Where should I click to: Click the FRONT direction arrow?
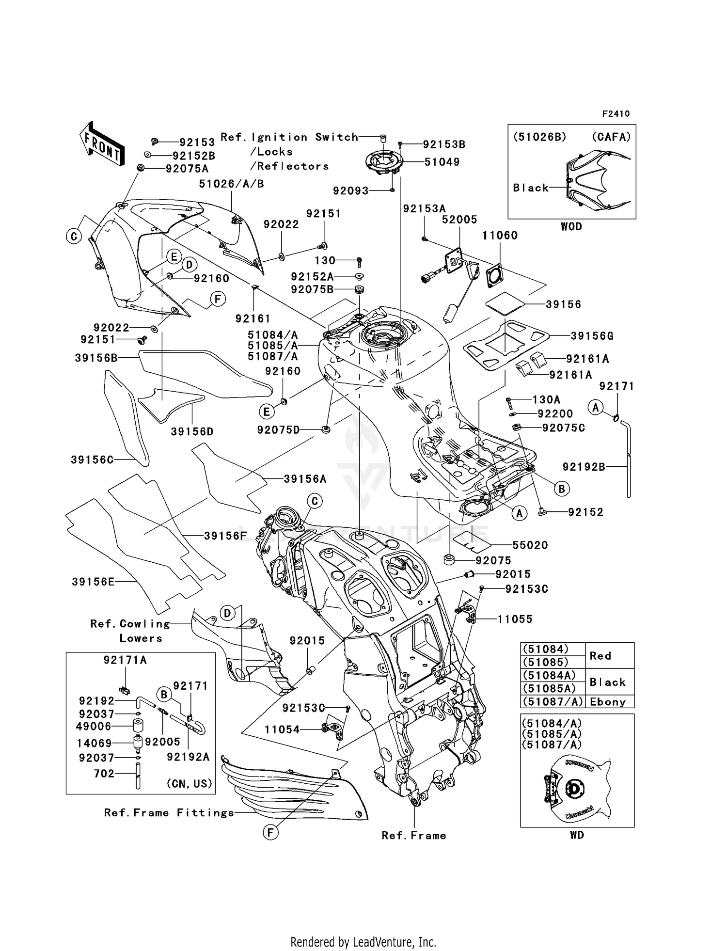(102, 144)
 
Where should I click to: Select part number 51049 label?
(442, 162)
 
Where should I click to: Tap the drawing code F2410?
(616, 114)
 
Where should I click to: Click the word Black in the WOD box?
(531, 188)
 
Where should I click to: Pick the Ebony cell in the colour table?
(608, 702)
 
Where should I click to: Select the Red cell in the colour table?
(600, 656)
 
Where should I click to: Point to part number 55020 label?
(530, 545)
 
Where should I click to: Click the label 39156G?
(592, 336)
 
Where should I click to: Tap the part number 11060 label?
(500, 236)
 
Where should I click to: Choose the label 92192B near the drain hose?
(584, 467)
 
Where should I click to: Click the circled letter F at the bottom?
(270, 833)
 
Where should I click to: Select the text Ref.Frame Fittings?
(169, 813)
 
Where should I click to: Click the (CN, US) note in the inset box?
(190, 784)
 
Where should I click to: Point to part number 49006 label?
(94, 727)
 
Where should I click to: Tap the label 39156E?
(93, 582)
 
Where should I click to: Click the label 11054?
(282, 729)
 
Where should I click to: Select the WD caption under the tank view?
(577, 835)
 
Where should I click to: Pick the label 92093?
(350, 191)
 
